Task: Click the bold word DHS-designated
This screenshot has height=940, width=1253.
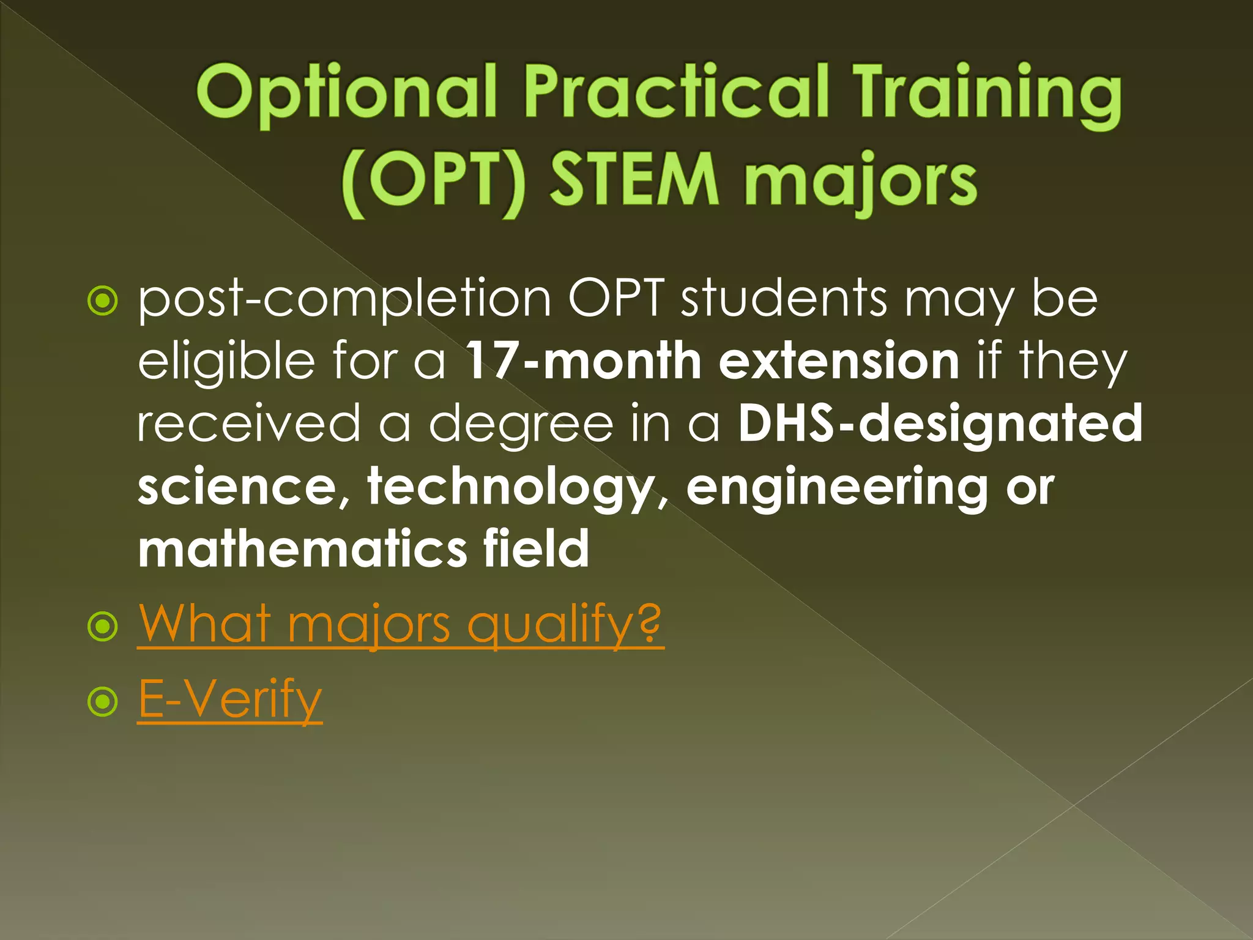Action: click(940, 423)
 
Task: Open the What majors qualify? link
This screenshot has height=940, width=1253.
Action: click(400, 624)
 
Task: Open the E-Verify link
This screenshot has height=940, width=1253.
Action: click(229, 699)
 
